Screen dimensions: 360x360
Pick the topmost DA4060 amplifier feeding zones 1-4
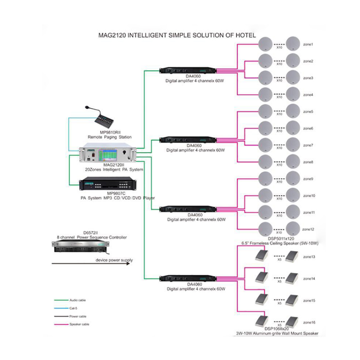tap(188, 70)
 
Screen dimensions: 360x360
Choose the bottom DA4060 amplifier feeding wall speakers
tap(188, 278)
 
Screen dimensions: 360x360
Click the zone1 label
tap(308, 44)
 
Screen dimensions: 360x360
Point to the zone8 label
tap(308, 162)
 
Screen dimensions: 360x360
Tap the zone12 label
tap(308, 229)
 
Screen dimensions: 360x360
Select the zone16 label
tap(309, 322)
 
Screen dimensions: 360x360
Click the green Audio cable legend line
tap(61, 300)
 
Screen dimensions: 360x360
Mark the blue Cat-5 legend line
tap(61, 308)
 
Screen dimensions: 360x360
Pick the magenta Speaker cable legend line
tap(61, 324)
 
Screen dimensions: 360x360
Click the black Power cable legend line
tap(61, 316)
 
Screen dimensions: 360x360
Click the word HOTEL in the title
tap(246, 35)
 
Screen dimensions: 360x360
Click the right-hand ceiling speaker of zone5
tap(293, 111)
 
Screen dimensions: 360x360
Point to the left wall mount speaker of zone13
tap(262, 256)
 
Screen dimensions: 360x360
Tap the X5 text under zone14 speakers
tap(279, 282)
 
